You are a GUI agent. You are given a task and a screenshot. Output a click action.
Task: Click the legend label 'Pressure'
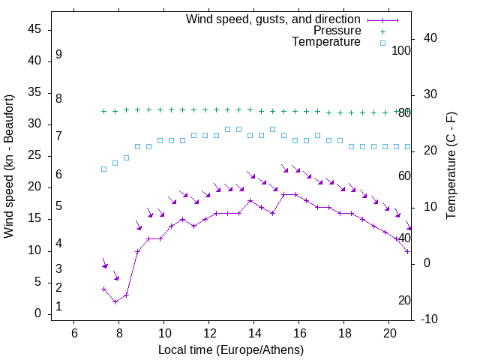point(337,31)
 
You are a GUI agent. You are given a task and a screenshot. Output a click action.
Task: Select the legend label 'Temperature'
point(326,42)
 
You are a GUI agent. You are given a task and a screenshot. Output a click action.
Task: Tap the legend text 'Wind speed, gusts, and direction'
point(274,19)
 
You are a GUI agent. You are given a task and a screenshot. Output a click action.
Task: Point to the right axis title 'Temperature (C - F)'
point(451,166)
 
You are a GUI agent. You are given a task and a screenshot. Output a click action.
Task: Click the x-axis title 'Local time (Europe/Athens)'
point(231,350)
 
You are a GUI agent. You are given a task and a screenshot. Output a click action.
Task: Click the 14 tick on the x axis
point(254,333)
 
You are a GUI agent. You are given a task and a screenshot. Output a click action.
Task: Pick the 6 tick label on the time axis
point(74,333)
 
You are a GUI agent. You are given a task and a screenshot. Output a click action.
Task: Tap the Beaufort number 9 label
point(58,55)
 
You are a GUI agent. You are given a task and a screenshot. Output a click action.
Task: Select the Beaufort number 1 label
point(58,307)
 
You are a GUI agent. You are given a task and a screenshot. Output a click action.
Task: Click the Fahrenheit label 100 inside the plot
point(401,50)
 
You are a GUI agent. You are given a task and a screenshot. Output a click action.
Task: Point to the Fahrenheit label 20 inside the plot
point(404,300)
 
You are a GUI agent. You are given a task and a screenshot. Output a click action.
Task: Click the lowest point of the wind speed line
point(115,301)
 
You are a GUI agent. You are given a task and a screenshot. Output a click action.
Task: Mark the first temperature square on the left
point(104,169)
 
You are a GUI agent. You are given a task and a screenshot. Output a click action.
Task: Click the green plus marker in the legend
point(382,31)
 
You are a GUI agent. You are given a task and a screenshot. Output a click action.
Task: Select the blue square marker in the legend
point(382,43)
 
